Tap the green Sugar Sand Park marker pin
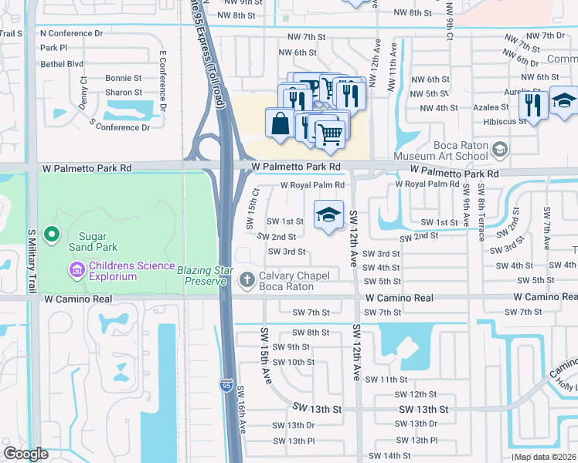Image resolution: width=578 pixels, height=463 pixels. [52, 232]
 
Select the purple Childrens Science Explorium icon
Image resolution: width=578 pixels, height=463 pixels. [76, 269]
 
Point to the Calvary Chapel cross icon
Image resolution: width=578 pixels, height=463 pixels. [248, 279]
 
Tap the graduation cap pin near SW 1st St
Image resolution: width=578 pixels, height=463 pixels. [328, 215]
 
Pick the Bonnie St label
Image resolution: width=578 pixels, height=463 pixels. [124, 78]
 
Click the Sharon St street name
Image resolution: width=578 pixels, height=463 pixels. [124, 92]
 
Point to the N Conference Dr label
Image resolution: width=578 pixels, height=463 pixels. [71, 34]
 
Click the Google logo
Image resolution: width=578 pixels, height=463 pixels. [26, 454]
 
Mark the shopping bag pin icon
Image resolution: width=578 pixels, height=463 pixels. [279, 123]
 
